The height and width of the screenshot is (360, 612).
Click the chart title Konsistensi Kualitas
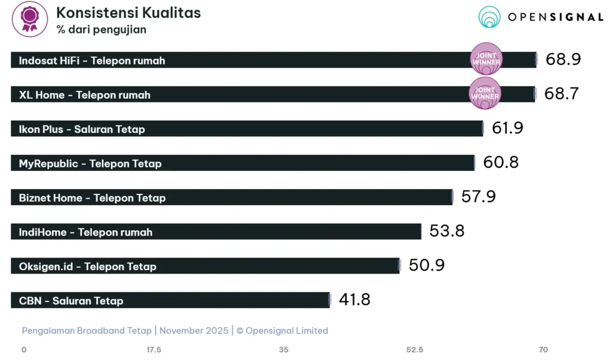(128, 13)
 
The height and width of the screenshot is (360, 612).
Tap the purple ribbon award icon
(29, 19)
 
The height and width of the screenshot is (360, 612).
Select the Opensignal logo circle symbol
(489, 17)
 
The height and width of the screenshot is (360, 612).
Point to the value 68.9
(563, 59)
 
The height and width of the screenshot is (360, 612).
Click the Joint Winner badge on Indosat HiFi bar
(486, 59)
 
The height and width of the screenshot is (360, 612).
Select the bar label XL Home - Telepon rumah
(84, 95)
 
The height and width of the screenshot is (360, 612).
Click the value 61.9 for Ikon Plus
(507, 128)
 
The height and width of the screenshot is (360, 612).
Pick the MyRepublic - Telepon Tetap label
(90, 163)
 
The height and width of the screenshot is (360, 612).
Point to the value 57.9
(478, 197)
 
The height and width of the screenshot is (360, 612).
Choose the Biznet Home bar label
(92, 198)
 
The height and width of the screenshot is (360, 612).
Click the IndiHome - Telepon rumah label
(85, 232)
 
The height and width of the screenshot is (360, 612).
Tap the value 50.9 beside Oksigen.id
(427, 266)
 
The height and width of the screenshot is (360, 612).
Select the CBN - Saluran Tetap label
(71, 301)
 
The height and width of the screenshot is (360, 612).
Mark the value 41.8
(354, 300)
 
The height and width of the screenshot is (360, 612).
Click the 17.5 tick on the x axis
(154, 349)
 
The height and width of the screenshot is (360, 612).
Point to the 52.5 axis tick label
(415, 349)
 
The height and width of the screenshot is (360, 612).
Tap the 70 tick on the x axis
(543, 349)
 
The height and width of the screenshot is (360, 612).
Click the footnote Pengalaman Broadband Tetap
(87, 331)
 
